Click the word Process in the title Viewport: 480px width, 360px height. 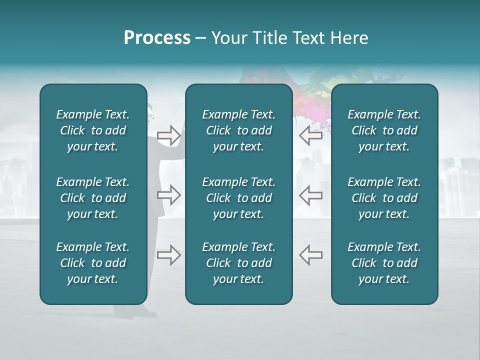157,38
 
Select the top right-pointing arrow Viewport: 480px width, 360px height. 168,135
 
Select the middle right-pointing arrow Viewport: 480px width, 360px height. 168,195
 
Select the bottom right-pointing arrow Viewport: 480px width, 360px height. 168,254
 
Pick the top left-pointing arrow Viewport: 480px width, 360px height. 311,135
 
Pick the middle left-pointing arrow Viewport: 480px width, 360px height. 311,195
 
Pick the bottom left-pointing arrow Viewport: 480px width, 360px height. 311,254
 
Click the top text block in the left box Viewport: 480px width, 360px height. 93,130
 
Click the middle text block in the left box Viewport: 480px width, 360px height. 93,198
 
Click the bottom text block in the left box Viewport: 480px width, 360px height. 93,263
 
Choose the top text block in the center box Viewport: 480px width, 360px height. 238,130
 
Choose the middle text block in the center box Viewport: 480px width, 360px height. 238,198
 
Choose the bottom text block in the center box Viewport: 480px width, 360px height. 238,263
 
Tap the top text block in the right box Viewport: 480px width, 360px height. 384,130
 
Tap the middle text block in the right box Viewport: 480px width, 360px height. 384,198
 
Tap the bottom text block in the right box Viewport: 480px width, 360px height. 384,263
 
